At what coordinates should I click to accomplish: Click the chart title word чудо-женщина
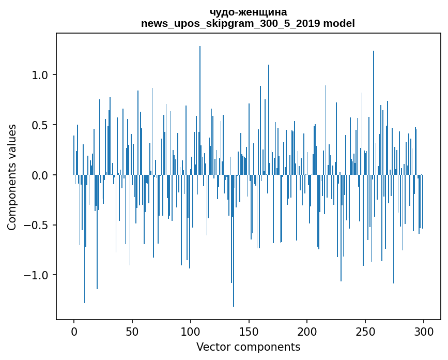click(248, 12)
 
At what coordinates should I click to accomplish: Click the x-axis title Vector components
click(248, 347)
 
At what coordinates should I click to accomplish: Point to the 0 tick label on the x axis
click(74, 331)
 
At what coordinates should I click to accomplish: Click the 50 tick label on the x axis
click(132, 331)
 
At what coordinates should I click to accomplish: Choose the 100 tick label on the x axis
click(191, 331)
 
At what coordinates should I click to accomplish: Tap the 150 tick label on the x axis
click(249, 331)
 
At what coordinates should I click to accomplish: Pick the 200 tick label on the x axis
click(307, 331)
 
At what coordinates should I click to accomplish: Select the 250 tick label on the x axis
click(365, 331)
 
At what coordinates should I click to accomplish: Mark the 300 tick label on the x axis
click(424, 331)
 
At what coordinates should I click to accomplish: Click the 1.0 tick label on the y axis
click(40, 75)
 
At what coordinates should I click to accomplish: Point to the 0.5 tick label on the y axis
click(40, 125)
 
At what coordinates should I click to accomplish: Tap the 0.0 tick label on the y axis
click(40, 175)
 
